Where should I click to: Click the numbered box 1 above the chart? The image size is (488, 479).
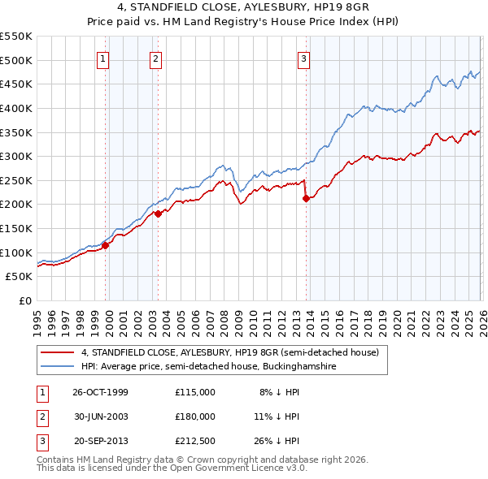tap(105, 58)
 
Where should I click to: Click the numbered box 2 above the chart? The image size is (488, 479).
tap(155, 58)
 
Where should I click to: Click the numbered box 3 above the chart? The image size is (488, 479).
tap(303, 58)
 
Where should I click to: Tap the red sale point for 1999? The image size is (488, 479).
tap(106, 245)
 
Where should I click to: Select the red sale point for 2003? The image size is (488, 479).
tap(159, 214)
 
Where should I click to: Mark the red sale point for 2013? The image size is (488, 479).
tap(306, 198)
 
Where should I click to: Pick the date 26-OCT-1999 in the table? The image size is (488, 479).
tap(100, 392)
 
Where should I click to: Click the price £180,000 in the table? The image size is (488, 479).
tap(195, 416)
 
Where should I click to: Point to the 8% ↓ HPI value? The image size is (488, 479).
tap(279, 392)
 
